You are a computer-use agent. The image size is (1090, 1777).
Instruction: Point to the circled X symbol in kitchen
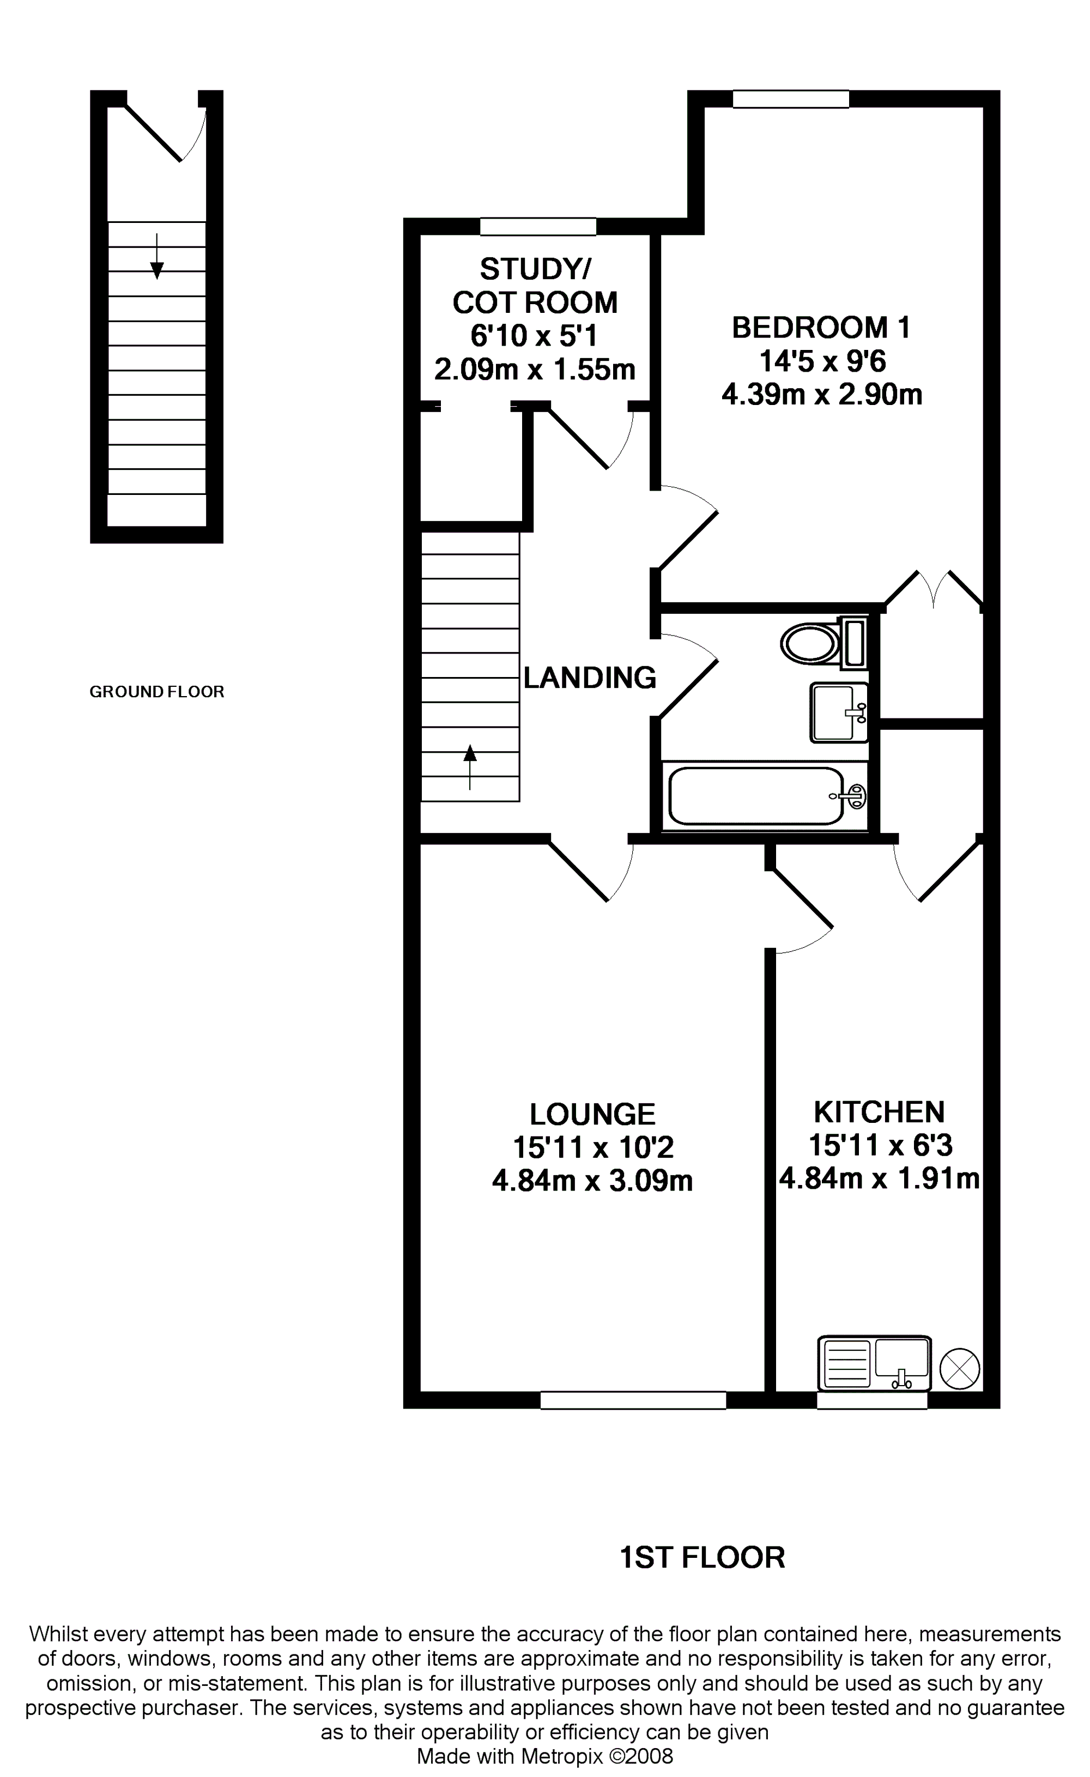pos(960,1368)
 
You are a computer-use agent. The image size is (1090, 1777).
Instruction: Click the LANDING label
pos(590,678)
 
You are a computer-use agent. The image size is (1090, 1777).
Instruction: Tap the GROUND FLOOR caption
pos(156,692)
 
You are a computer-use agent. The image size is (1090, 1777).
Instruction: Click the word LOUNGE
pos(592,1114)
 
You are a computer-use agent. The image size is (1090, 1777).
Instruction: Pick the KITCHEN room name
pos(879,1112)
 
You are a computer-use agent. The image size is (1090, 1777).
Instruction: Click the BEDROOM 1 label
pos(821,328)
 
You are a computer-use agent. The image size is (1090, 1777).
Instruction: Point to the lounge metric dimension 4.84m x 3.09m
pos(592,1181)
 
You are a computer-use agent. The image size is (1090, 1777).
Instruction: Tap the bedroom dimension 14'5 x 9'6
pos(822,361)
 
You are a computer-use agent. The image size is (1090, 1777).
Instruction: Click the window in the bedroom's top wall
pos(791,99)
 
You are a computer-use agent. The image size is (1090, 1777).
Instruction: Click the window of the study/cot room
pos(538,226)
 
